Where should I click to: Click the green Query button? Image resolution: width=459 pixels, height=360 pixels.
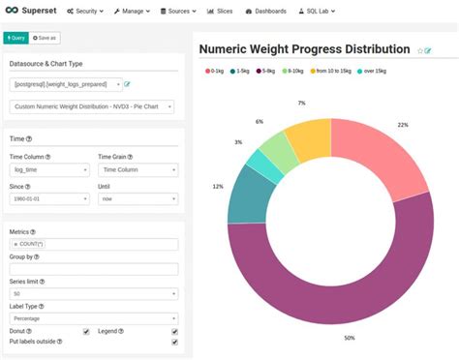pyautogui.click(x=15, y=38)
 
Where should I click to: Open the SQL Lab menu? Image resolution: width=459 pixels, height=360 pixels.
pyautogui.click(x=310, y=11)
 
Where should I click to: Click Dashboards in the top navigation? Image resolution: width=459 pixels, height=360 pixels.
pyautogui.click(x=263, y=11)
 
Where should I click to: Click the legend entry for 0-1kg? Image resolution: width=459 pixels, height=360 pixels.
pyautogui.click(x=219, y=71)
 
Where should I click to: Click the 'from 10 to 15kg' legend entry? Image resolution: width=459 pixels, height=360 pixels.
pyautogui.click(x=327, y=71)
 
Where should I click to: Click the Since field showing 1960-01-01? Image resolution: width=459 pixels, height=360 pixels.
pyautogui.click(x=49, y=198)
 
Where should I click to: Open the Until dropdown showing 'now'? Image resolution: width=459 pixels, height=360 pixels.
pyautogui.click(x=137, y=198)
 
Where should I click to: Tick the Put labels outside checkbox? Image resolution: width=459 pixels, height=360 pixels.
pyautogui.click(x=174, y=342)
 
